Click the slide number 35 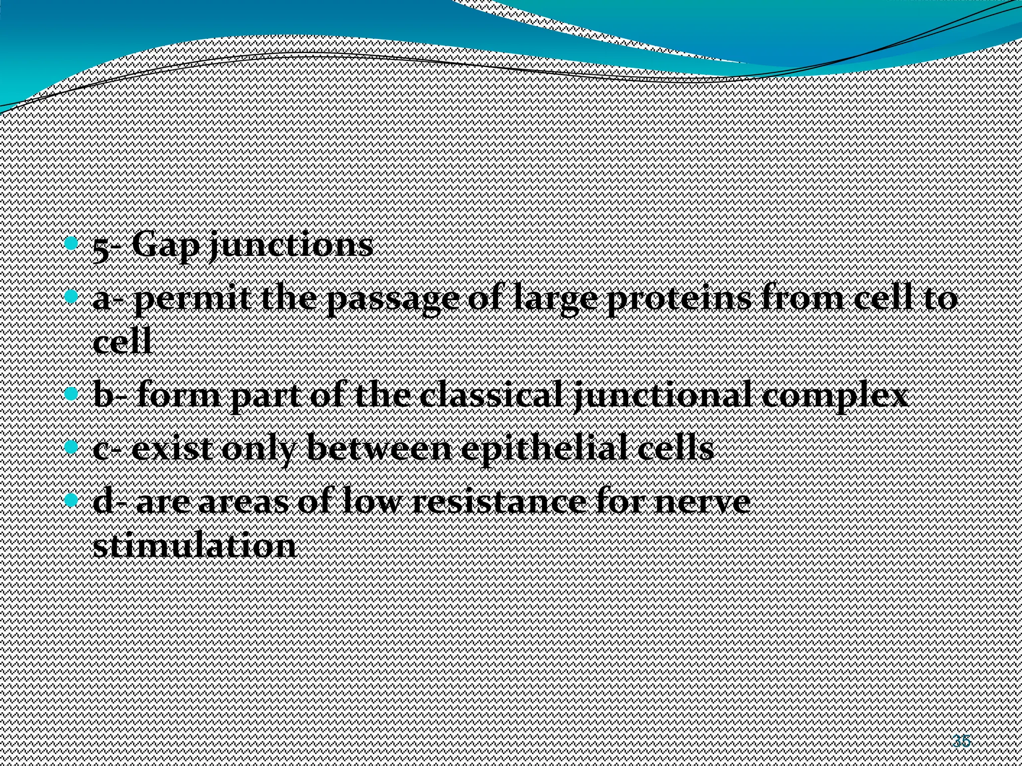click(961, 741)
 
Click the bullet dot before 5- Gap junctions click(72, 244)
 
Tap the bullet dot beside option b click(72, 394)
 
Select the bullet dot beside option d click(72, 499)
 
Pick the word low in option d click(372, 502)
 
